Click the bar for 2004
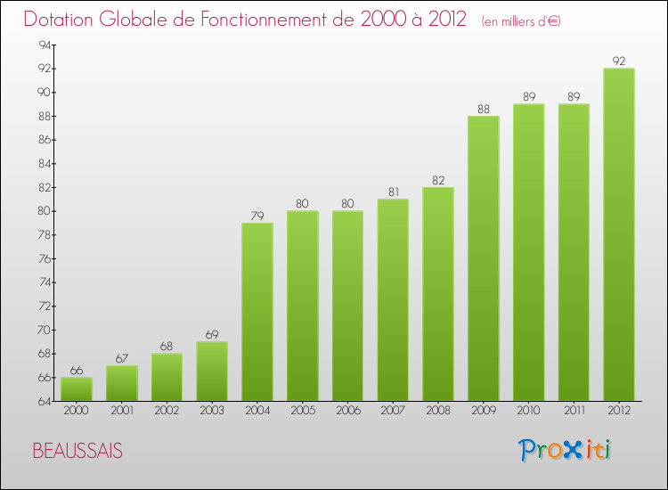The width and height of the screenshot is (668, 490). tap(257, 312)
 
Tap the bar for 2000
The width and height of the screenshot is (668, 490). tap(77, 389)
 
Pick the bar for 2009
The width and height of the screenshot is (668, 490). tap(484, 258)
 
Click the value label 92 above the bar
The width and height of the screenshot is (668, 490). tap(619, 61)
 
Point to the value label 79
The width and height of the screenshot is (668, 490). tap(257, 216)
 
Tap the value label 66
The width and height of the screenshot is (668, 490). tap(77, 371)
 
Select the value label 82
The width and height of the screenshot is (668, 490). tap(438, 180)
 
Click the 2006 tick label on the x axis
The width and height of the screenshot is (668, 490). tap(347, 411)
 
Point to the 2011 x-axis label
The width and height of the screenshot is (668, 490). tap(574, 411)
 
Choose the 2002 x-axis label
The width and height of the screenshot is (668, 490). tap(167, 411)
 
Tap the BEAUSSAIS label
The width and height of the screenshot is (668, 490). tap(77, 451)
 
